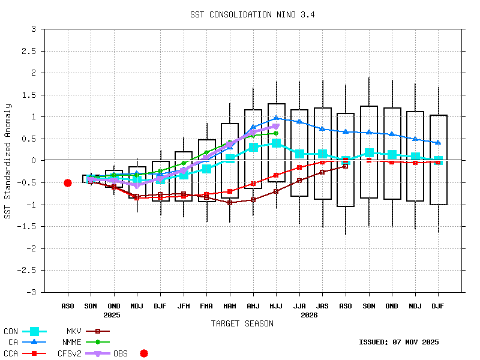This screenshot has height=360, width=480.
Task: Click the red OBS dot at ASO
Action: click(x=68, y=183)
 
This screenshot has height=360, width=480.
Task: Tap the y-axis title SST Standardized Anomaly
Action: click(x=8, y=161)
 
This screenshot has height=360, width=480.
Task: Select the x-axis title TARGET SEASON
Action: click(x=242, y=324)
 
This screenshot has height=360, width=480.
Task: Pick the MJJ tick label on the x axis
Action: click(x=276, y=306)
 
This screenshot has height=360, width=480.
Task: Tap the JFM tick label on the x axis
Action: click(x=184, y=306)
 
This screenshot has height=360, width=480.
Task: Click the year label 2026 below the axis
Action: click(x=309, y=315)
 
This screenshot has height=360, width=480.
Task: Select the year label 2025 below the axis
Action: click(x=112, y=315)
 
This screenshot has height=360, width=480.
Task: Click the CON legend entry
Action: click(x=11, y=331)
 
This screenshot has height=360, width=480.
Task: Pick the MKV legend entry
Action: click(x=74, y=331)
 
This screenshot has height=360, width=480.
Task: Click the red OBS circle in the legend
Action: click(x=143, y=353)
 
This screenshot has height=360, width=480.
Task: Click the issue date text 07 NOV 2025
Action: click(x=415, y=342)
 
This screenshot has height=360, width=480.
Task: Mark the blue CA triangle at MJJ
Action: click(x=276, y=118)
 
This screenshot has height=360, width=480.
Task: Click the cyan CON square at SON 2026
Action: click(x=369, y=153)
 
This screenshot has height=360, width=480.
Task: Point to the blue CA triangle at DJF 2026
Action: click(x=438, y=142)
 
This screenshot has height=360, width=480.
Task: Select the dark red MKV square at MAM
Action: click(x=230, y=203)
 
